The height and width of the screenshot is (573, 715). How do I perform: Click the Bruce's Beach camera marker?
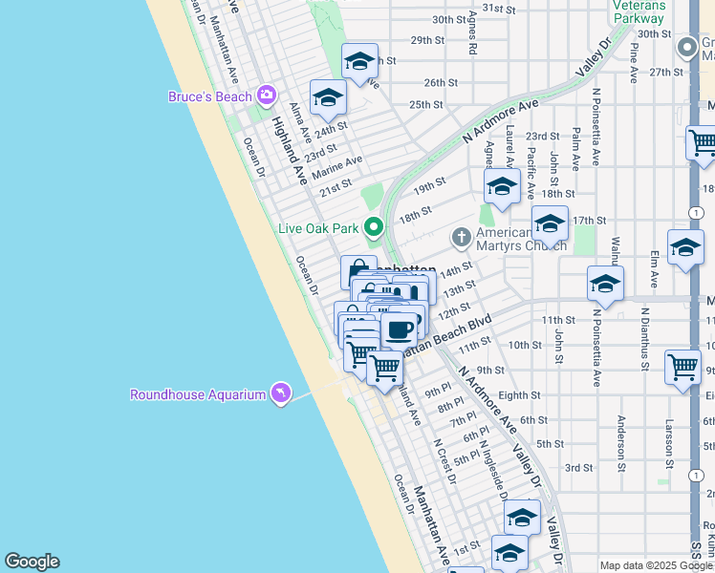click(266, 95)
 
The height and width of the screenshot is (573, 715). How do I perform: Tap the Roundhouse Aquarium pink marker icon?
click(280, 393)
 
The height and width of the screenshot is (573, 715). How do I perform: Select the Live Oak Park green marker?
click(374, 228)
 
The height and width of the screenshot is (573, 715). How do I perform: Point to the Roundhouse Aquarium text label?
click(198, 394)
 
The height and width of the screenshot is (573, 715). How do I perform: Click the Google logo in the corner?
click(32, 562)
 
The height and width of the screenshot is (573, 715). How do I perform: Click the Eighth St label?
click(519, 394)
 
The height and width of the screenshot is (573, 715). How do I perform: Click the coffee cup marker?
click(400, 329)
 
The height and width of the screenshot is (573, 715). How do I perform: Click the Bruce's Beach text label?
click(209, 96)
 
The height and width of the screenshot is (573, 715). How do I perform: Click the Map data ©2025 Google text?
click(656, 565)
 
